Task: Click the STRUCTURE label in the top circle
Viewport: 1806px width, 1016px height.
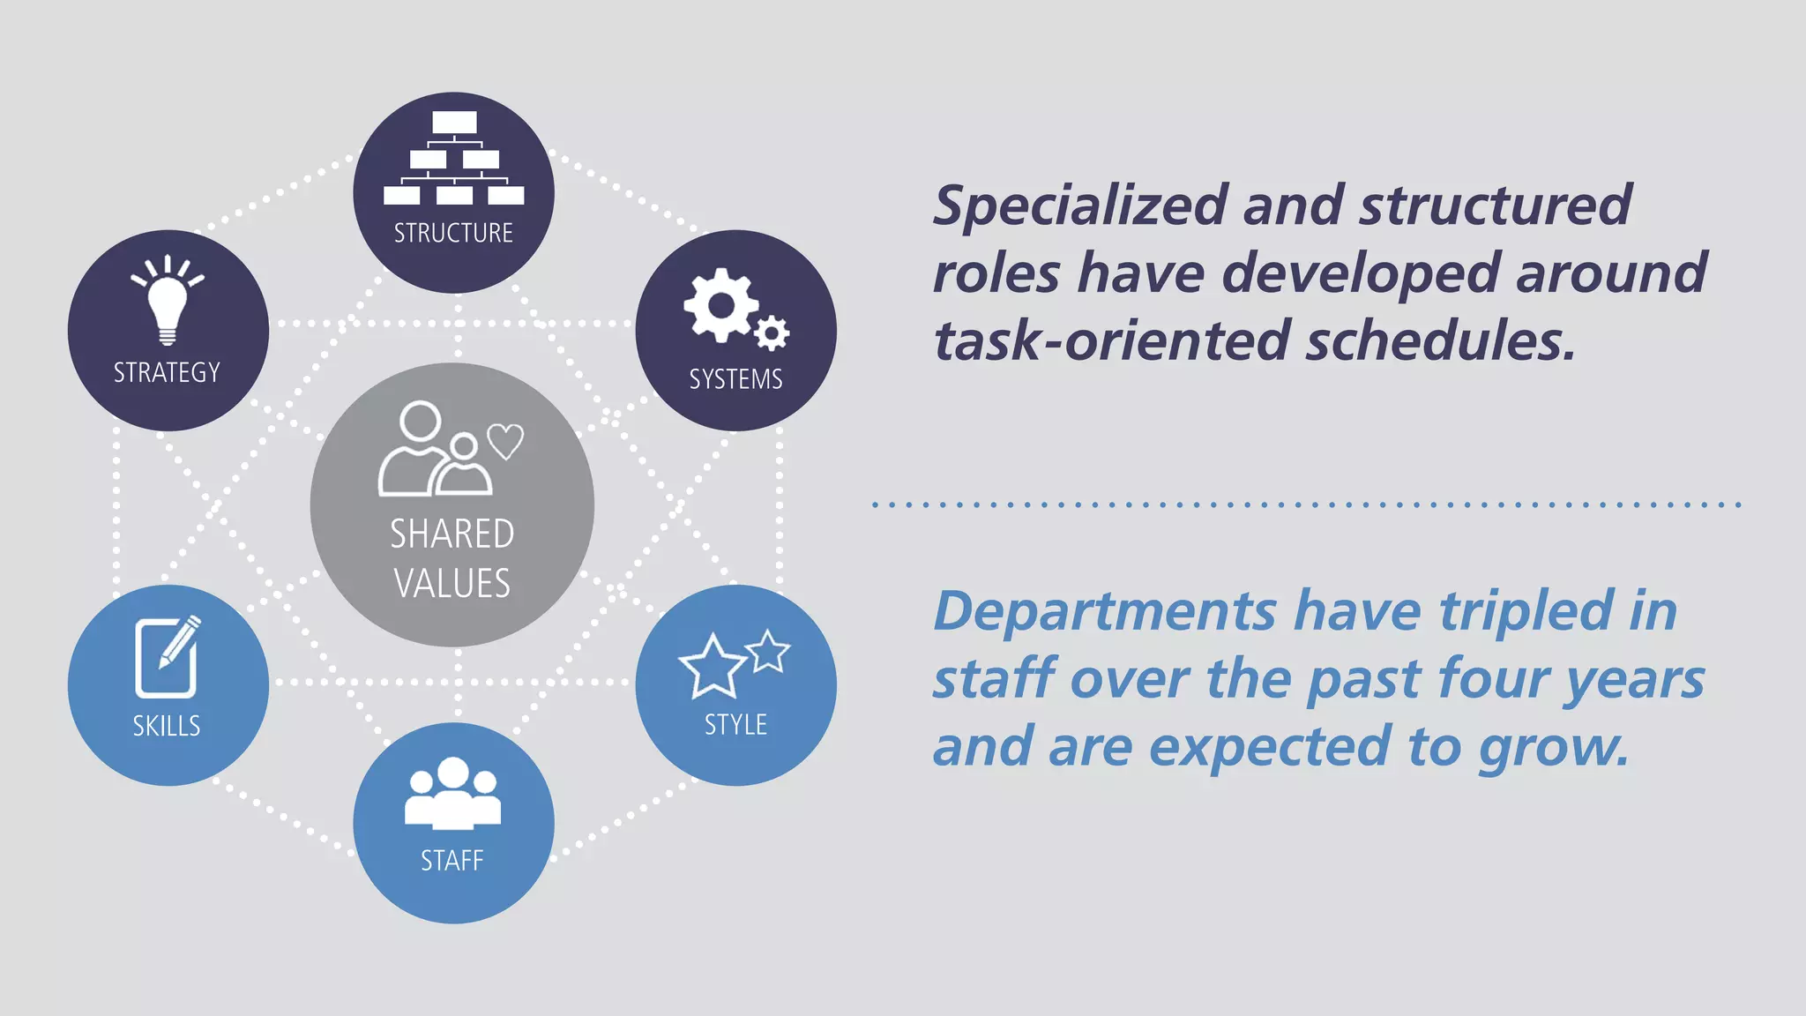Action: pyautogui.click(x=453, y=233)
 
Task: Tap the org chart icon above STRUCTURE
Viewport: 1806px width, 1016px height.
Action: pyautogui.click(x=453, y=159)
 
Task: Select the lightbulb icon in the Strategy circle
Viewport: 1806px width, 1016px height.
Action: pyautogui.click(x=168, y=300)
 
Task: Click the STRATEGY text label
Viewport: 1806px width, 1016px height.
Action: pyautogui.click(x=167, y=373)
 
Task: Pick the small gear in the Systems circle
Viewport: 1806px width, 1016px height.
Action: pyautogui.click(x=772, y=333)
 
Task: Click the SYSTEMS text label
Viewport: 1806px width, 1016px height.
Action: pyautogui.click(x=735, y=379)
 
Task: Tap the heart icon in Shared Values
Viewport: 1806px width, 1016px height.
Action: pyautogui.click(x=505, y=441)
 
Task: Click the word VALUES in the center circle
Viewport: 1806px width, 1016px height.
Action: pyautogui.click(x=451, y=584)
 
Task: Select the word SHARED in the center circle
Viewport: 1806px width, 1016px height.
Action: pyautogui.click(x=451, y=534)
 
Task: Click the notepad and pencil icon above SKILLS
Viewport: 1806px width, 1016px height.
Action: pyautogui.click(x=168, y=658)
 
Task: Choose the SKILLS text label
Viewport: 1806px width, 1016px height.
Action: pyautogui.click(x=167, y=726)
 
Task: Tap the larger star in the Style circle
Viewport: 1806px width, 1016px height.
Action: pyautogui.click(x=712, y=667)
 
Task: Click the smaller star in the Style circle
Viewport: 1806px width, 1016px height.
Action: pyautogui.click(x=768, y=651)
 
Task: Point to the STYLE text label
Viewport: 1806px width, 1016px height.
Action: pyautogui.click(x=735, y=725)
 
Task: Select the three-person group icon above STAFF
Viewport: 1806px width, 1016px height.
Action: pyautogui.click(x=452, y=794)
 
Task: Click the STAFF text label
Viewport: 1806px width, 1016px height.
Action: pyautogui.click(x=452, y=861)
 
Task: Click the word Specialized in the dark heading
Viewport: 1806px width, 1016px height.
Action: pyautogui.click(x=1079, y=206)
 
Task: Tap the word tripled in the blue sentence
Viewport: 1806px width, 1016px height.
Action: pyautogui.click(x=1526, y=611)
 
